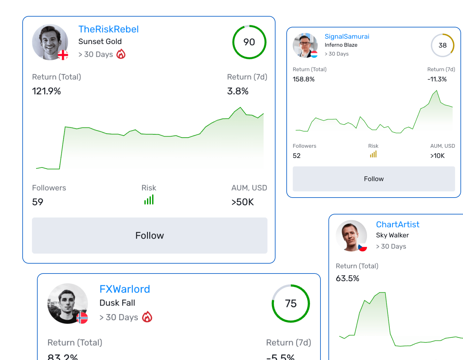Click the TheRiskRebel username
(108, 29)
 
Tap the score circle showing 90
(249, 42)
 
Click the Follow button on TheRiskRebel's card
(150, 236)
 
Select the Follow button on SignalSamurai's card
(374, 179)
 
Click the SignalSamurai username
(347, 36)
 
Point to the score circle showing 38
(442, 45)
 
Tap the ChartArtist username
(397, 224)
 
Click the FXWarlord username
(125, 289)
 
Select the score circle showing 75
(290, 304)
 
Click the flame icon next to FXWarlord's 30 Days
(147, 317)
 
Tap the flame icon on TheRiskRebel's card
(121, 54)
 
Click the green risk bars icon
(149, 200)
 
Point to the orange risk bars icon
(373, 154)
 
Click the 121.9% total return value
(47, 91)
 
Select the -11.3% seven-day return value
(437, 79)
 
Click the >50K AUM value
(243, 202)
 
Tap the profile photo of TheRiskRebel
(50, 42)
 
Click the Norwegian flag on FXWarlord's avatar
(82, 318)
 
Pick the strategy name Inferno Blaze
(341, 45)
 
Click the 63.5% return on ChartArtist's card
(347, 278)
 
